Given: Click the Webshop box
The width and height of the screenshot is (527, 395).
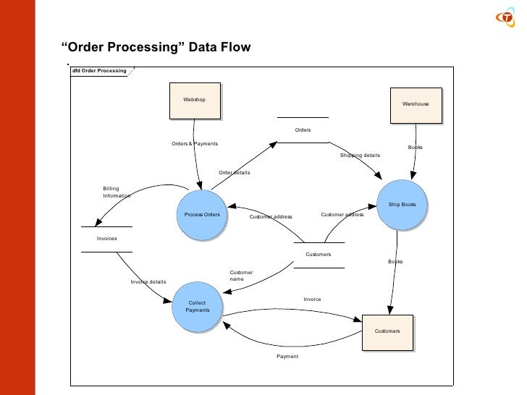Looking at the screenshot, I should pyautogui.click(x=194, y=101).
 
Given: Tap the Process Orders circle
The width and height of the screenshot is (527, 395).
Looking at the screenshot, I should pyautogui.click(x=202, y=215).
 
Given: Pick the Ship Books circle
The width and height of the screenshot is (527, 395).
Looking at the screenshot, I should pyautogui.click(x=402, y=205).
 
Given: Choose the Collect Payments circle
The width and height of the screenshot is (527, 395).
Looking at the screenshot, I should pyautogui.click(x=197, y=307).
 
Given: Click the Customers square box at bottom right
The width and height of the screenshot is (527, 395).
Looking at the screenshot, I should pyautogui.click(x=387, y=332).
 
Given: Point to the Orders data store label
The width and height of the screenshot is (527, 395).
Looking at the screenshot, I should pyautogui.click(x=303, y=130).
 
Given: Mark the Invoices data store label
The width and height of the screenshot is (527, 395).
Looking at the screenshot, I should pyautogui.click(x=107, y=238).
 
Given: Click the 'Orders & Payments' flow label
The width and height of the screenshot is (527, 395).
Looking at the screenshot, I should pyautogui.click(x=194, y=144).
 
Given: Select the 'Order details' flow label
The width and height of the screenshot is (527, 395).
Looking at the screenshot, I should pyautogui.click(x=234, y=173).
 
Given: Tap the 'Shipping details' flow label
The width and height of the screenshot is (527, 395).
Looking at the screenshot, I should pyautogui.click(x=360, y=156).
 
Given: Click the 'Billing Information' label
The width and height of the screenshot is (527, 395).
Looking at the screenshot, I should pyautogui.click(x=116, y=192).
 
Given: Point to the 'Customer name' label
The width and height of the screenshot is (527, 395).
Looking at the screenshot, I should pyautogui.click(x=240, y=276).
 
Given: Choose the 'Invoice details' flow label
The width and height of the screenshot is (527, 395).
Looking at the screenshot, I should pyautogui.click(x=148, y=282).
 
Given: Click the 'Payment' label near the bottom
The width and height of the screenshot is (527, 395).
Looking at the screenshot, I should pyautogui.click(x=287, y=357).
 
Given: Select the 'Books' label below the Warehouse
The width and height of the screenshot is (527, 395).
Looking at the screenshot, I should pyautogui.click(x=415, y=148).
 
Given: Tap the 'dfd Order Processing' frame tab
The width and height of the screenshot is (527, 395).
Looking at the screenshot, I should pyautogui.click(x=99, y=71).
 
